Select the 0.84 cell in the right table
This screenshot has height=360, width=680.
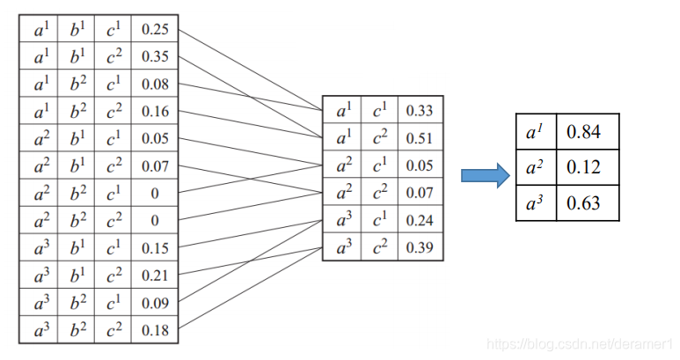tap(584, 133)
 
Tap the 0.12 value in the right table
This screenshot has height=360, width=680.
tap(584, 168)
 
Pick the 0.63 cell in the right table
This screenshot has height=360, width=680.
tap(584, 203)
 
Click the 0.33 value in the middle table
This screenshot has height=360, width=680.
tap(419, 111)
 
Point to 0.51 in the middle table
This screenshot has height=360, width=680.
tap(419, 138)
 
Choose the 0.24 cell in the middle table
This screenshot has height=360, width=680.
tap(419, 221)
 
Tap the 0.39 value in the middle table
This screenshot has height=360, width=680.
tap(419, 248)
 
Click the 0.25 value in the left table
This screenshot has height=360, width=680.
tap(155, 30)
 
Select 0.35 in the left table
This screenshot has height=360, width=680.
tap(155, 57)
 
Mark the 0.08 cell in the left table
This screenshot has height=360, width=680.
tap(155, 84)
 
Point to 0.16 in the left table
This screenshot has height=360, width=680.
tap(155, 112)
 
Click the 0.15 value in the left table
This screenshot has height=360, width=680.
tap(155, 248)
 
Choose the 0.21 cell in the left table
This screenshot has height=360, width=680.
tap(155, 276)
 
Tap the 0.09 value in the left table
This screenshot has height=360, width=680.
tap(155, 303)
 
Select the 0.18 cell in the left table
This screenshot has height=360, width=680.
tap(155, 330)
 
